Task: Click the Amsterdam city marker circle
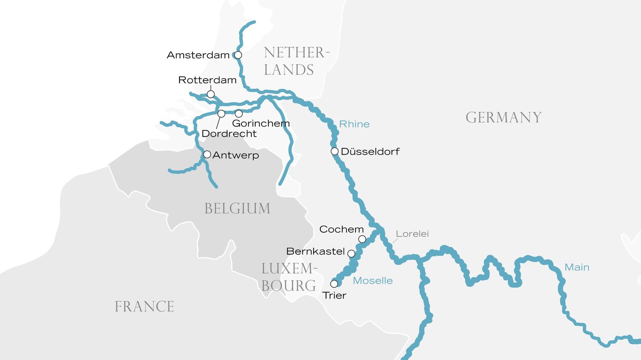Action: [x=238, y=55]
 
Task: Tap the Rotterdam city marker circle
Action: [x=211, y=94]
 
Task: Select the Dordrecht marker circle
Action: [x=221, y=114]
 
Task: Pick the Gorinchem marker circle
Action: [x=239, y=114]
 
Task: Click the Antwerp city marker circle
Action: [x=207, y=154]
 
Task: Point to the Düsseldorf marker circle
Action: [x=335, y=151]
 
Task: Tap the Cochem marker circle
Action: [x=362, y=239]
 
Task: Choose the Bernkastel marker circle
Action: [x=351, y=254]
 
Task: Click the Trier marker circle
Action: [x=334, y=284]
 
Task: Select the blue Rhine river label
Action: [x=354, y=124]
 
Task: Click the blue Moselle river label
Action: [x=373, y=281]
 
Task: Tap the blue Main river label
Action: [x=577, y=267]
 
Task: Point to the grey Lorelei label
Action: [x=412, y=234]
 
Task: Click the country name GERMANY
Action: [x=503, y=117]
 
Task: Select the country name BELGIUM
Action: [x=237, y=208]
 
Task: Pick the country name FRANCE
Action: [x=144, y=307]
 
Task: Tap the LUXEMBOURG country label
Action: [x=289, y=277]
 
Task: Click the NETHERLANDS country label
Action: [x=296, y=61]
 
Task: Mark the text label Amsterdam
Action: [x=198, y=55]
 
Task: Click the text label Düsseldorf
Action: [x=370, y=152]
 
